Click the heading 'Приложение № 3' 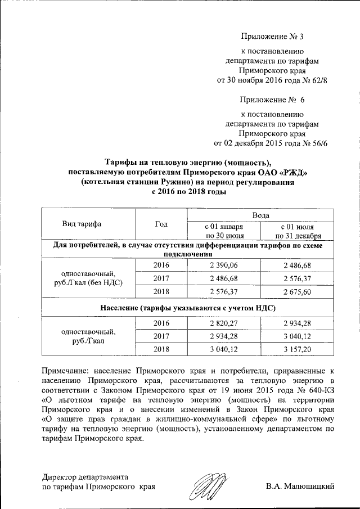click(x=272, y=37)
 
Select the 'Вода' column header click(x=260, y=215)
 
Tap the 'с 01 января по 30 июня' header click(x=224, y=231)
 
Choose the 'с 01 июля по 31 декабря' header click(x=298, y=231)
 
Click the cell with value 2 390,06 click(x=224, y=265)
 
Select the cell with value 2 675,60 click(x=298, y=292)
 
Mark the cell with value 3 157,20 click(x=298, y=349)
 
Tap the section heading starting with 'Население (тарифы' click(x=187, y=308)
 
